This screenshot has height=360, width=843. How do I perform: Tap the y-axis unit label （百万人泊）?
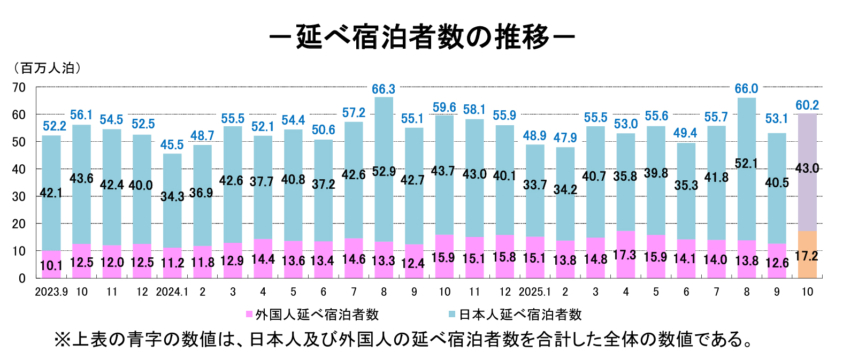pos(47,68)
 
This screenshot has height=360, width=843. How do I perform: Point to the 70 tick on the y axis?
pos(19,87)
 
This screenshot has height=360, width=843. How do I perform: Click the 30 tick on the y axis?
pos(19,196)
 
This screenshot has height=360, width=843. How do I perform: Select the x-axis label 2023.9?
pos(51,292)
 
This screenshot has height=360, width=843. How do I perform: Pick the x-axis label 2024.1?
pos(172,292)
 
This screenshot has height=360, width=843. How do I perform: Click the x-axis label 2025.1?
pos(535,292)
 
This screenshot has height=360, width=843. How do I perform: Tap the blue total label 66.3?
pos(384,89)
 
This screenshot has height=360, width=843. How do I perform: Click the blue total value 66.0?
pos(746,89)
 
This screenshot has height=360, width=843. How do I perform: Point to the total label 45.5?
pos(172,145)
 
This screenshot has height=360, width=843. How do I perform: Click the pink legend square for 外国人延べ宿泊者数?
pos(249,315)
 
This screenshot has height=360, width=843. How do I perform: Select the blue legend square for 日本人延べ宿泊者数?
pos(452,315)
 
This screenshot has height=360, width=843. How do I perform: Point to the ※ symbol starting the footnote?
pos(63,340)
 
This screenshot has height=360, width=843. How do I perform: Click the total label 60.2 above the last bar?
pos(807,105)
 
